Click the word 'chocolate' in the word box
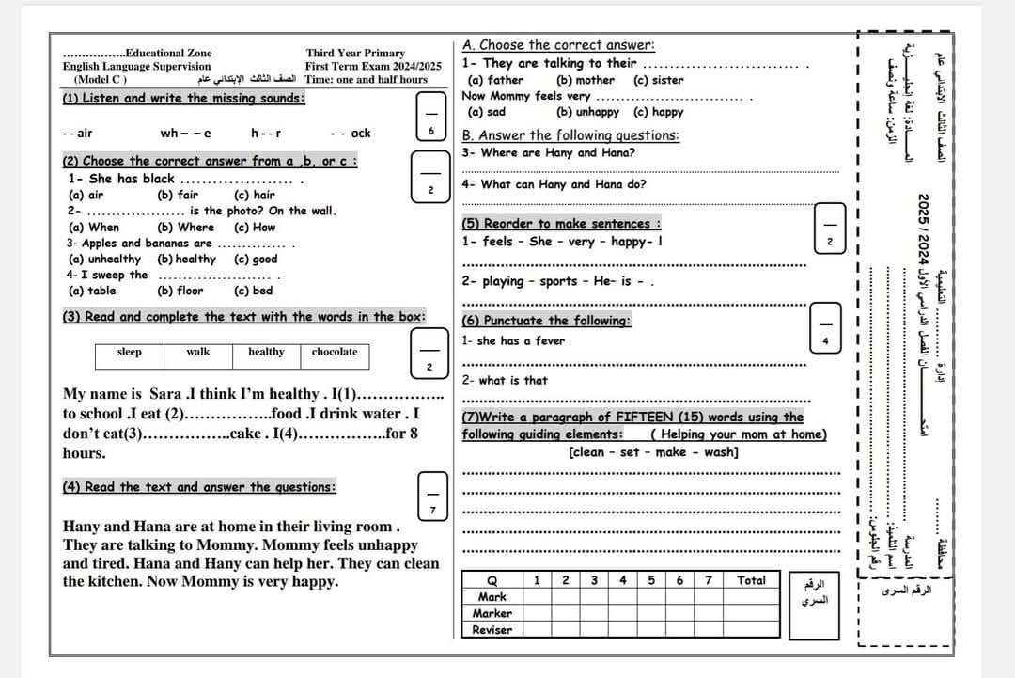pos(335,353)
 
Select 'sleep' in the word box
pos(130,353)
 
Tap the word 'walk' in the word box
pos(198,353)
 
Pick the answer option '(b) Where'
pos(185,228)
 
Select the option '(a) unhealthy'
pos(105,260)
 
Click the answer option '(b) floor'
pos(180,292)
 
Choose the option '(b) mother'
pos(586,81)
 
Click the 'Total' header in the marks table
pos(751,581)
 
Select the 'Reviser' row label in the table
pos(492,630)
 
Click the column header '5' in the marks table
pos(651,581)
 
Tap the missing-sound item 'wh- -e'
pos(186,134)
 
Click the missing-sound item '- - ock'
pos(351,134)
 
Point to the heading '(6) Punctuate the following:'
pos(546,322)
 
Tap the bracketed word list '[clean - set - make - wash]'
pos(653,452)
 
